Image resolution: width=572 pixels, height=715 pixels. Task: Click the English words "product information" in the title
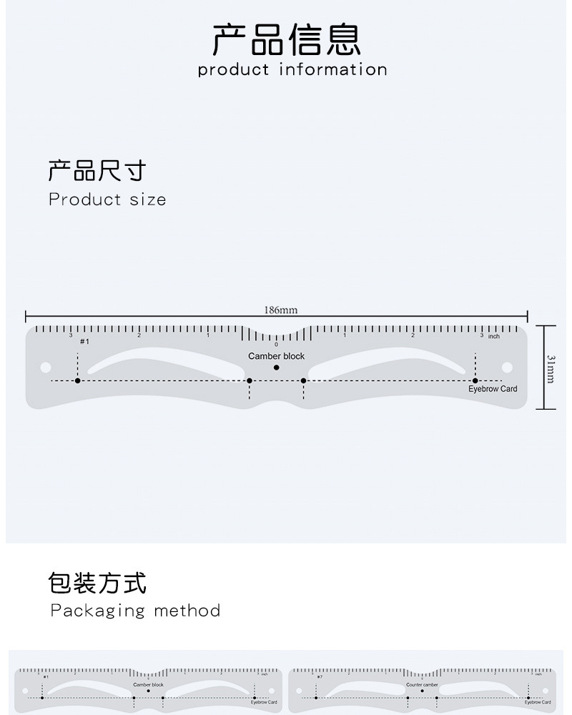[292, 69]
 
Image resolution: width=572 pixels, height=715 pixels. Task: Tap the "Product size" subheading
[107, 199]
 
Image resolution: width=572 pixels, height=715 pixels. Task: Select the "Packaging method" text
[135, 611]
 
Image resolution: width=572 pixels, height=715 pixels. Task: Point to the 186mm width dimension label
[280, 310]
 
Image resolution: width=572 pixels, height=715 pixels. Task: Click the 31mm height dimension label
[551, 368]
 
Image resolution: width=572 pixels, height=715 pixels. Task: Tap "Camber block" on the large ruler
[276, 356]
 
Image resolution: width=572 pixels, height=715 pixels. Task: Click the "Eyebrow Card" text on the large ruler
[493, 389]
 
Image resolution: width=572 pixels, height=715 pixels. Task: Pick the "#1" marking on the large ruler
[84, 342]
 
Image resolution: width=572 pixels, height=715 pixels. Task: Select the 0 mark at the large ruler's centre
[277, 345]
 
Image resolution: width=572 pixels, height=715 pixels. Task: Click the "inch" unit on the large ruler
[494, 336]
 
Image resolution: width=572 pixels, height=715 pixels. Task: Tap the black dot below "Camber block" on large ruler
[277, 368]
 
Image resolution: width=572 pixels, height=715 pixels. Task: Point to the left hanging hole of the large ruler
[46, 367]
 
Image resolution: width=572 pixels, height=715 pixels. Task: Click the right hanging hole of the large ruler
[508, 367]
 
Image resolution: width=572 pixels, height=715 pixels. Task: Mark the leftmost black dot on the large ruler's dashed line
[78, 380]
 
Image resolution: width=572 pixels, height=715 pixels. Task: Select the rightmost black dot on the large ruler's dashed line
[475, 380]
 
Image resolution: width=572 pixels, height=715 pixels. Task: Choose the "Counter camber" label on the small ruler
[422, 685]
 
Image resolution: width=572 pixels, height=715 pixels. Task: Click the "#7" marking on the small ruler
[320, 676]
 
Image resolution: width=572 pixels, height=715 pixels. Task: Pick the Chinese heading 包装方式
[97, 583]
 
